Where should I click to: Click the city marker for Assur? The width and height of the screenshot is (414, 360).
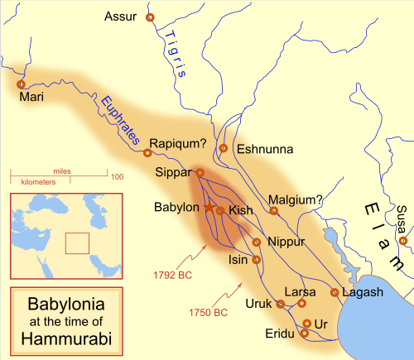point(149,17)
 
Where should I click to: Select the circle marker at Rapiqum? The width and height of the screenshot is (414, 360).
point(148,152)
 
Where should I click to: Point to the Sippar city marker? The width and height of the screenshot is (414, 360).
point(200,172)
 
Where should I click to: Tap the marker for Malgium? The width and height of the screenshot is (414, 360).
point(274,211)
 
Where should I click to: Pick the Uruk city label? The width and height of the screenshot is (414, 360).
point(258,304)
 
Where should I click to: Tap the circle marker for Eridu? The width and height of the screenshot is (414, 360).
point(305,334)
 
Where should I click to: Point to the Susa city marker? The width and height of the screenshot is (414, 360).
point(402,241)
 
